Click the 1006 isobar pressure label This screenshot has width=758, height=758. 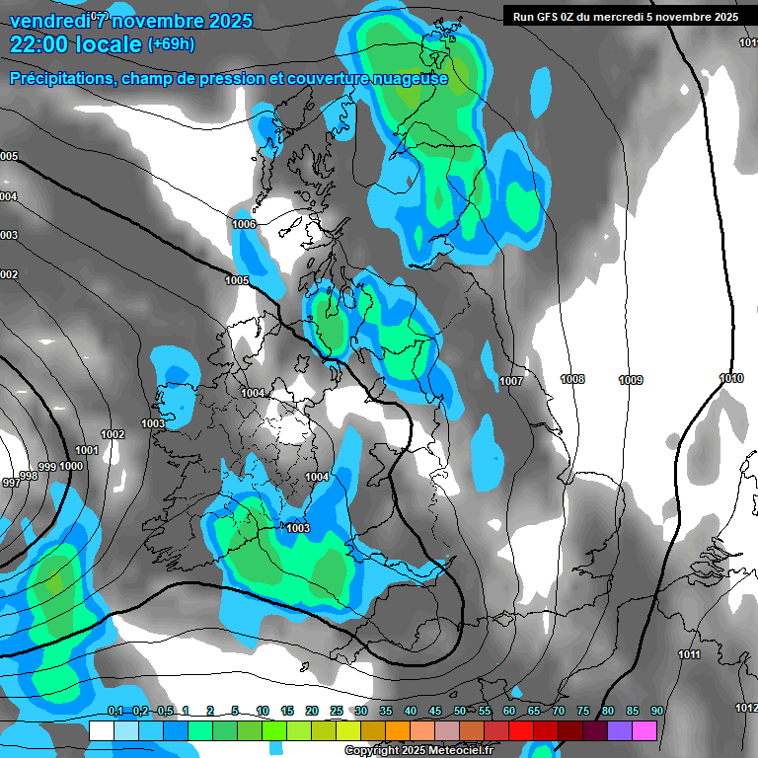[244, 225]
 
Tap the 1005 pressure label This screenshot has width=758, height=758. [237, 281]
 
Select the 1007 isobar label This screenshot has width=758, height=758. [511, 381]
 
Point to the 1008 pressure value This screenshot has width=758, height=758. [572, 380]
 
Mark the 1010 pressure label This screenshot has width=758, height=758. [731, 379]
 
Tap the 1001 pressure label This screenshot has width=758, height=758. [87, 450]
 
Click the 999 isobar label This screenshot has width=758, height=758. [47, 467]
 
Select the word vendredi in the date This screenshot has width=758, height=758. [47, 21]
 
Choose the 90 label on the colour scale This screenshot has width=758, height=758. [656, 712]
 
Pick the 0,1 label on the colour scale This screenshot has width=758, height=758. [115, 712]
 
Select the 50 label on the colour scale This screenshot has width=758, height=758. [460, 712]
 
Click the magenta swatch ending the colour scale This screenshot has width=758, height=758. [644, 730]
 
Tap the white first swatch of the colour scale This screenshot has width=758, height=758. [101, 730]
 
